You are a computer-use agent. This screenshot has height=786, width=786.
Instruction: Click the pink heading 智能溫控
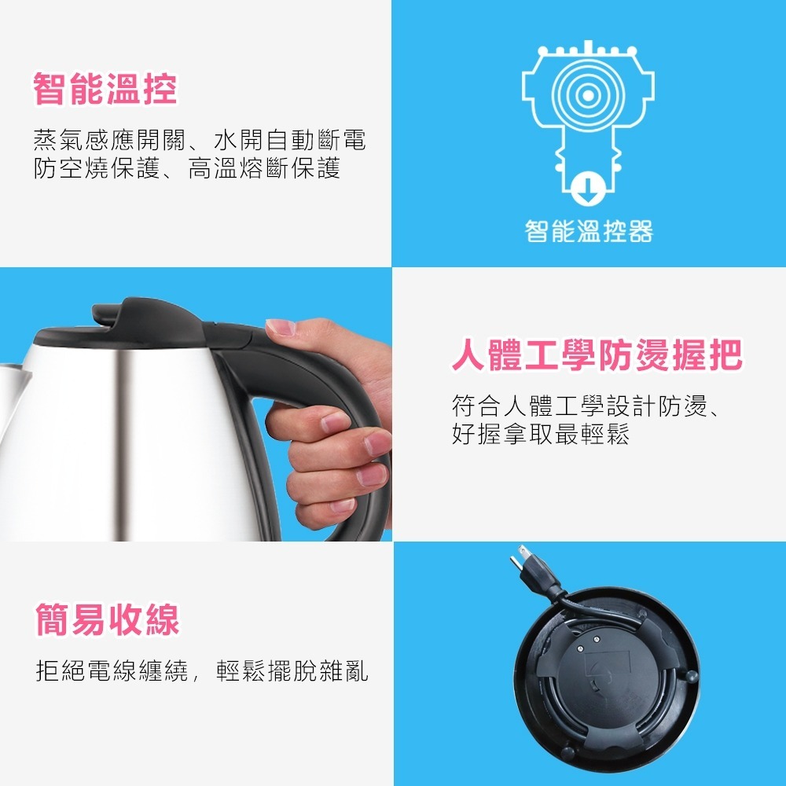[105, 90]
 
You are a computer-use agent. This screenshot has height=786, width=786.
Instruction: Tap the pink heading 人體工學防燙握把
[597, 356]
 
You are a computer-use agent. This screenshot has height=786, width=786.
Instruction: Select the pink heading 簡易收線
[108, 619]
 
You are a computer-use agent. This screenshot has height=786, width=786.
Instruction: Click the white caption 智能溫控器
[589, 231]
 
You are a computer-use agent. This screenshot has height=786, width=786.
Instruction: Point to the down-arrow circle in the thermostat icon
[587, 186]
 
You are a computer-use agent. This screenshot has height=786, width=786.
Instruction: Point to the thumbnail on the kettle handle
[280, 327]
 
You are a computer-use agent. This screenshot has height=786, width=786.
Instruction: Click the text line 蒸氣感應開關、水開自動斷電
[200, 141]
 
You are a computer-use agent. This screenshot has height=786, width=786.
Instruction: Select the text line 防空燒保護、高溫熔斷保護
[187, 168]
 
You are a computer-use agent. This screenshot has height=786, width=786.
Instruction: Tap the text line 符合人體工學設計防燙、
[588, 406]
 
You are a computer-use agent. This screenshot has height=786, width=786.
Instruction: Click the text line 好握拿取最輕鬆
[541, 434]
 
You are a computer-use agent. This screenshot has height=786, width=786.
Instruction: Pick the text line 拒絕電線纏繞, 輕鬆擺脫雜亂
[202, 672]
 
